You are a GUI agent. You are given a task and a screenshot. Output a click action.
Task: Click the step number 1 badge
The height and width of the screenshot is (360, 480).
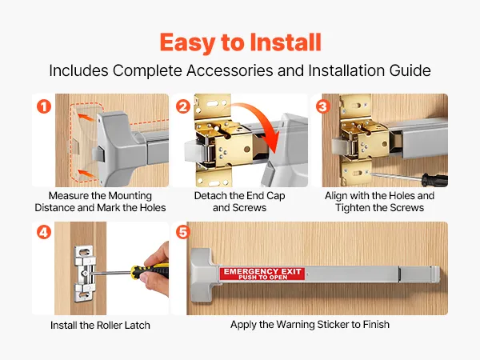point(44,107)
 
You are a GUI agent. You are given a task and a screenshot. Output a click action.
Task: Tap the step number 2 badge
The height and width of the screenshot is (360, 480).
point(183,107)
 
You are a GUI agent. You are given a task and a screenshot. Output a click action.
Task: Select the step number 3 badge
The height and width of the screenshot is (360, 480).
point(323,107)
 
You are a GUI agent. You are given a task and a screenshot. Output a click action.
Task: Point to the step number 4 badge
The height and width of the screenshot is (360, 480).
point(44,232)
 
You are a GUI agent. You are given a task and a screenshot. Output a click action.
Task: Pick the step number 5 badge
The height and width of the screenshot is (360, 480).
point(183,232)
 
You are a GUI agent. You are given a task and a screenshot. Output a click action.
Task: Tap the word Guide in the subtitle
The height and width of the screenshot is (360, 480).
point(410,70)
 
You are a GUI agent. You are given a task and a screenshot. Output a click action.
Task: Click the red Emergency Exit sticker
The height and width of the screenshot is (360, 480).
point(262,274)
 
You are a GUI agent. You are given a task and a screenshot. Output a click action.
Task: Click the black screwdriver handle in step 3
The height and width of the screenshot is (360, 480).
point(434,180)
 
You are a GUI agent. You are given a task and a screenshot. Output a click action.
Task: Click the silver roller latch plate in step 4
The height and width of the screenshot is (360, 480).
point(84,274)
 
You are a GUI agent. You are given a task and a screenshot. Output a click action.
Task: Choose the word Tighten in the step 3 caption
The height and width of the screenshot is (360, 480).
point(355,208)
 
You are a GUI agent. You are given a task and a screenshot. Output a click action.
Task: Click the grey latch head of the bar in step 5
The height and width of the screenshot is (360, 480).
point(202,275)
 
